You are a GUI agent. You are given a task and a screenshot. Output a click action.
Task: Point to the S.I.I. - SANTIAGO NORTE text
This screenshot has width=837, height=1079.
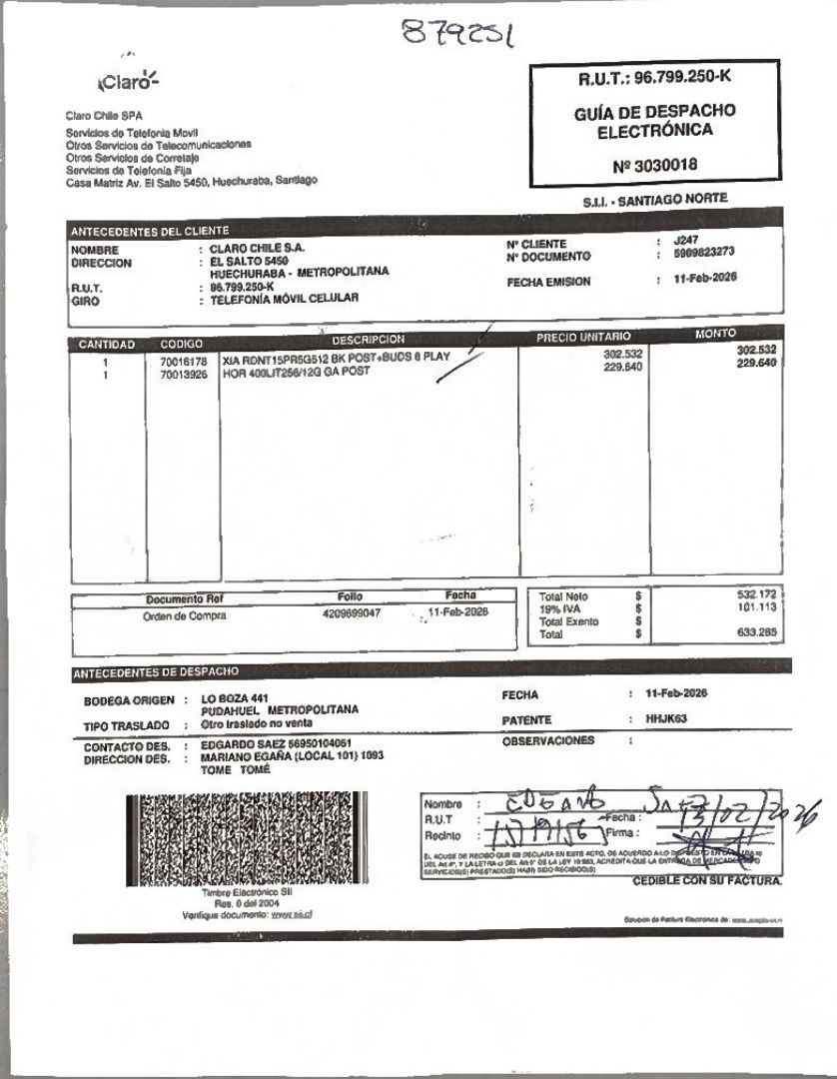click(655, 200)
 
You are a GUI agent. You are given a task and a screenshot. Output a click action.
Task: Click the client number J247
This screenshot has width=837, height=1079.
click(686, 242)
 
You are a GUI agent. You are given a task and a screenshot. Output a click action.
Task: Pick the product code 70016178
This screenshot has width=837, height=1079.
click(183, 361)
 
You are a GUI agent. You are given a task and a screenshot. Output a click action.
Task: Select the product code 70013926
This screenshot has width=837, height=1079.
click(183, 373)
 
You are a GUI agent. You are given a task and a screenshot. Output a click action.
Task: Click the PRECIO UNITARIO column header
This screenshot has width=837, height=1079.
click(583, 338)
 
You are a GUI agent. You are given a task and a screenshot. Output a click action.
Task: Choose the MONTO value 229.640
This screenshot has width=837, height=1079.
click(756, 363)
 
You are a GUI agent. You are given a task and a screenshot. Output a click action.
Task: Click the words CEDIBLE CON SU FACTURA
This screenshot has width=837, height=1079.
click(707, 882)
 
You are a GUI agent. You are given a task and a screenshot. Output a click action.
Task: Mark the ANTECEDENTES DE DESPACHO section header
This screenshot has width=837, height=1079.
click(155, 671)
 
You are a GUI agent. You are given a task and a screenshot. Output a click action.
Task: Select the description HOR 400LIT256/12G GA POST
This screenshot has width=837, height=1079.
click(297, 372)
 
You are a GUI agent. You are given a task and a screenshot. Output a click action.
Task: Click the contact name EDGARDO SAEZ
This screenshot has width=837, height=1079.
click(240, 745)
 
